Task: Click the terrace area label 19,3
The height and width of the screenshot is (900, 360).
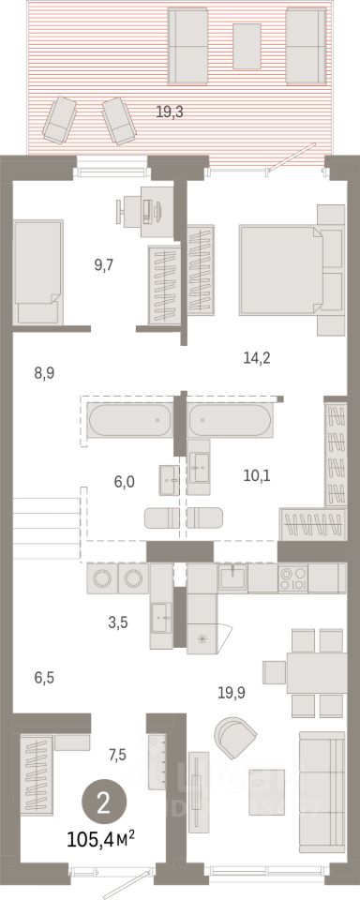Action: pyautogui.click(x=170, y=112)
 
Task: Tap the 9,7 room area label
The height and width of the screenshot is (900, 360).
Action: pyautogui.click(x=104, y=264)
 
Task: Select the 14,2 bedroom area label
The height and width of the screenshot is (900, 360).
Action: pyautogui.click(x=257, y=358)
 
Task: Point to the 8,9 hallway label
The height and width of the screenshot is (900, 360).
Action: pyautogui.click(x=44, y=374)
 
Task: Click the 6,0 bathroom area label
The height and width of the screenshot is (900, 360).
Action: pyautogui.click(x=124, y=482)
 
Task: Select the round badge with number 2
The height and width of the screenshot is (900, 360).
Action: pyautogui.click(x=103, y=804)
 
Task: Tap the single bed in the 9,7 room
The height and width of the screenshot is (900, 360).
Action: pyautogui.click(x=37, y=272)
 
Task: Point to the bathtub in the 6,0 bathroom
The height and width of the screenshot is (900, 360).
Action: pyautogui.click(x=129, y=420)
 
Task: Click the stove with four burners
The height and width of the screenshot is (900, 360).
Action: pyautogui.click(x=292, y=578)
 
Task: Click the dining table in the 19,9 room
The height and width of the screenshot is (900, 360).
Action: pyautogui.click(x=316, y=673)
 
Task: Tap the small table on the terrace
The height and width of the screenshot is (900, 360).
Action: pyautogui.click(x=247, y=47)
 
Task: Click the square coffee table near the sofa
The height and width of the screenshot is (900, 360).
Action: pyautogui.click(x=267, y=792)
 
